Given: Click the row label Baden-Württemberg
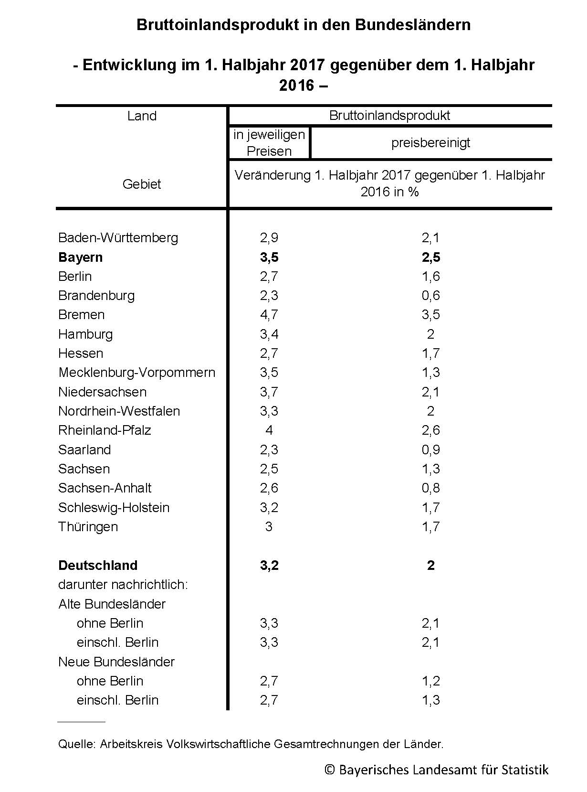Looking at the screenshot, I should point(118,238).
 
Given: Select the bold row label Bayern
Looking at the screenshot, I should point(80,257).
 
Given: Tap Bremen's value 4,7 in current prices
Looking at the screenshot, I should point(269,315).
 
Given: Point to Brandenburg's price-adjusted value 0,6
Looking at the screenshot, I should point(430,296).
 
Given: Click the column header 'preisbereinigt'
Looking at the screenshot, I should point(430,143).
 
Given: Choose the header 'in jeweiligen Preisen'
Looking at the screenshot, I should point(269,143).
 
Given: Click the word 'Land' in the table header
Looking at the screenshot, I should point(142,116).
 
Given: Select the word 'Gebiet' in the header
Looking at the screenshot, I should point(142,184).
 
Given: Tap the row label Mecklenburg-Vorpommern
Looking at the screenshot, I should point(136,373).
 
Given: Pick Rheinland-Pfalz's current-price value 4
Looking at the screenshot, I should point(269,430).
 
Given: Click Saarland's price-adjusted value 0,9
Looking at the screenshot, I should point(430,450).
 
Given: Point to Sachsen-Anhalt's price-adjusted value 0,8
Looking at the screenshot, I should point(430,488).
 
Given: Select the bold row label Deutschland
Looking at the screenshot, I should point(98,565).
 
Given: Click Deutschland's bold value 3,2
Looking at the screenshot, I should point(269,565).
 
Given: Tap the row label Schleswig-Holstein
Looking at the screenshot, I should point(114,507).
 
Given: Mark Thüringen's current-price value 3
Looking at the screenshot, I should point(269,527).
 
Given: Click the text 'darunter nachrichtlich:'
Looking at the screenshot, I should point(123,585).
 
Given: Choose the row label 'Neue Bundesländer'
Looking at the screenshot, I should point(116,662).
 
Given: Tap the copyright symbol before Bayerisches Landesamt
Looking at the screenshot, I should point(329,770).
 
